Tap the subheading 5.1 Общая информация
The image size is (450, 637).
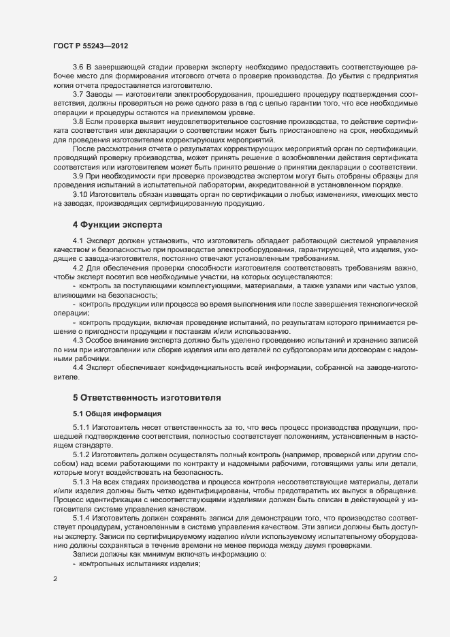[116, 414]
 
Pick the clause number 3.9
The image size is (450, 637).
[78, 176]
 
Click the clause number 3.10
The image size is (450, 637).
[80, 193]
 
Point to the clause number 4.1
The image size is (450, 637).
[78, 242]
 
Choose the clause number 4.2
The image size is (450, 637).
[78, 267]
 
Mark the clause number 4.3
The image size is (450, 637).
[78, 339]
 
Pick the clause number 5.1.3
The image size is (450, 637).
[82, 482]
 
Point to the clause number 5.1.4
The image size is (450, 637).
[82, 518]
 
